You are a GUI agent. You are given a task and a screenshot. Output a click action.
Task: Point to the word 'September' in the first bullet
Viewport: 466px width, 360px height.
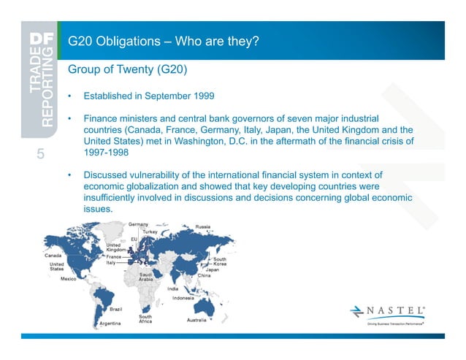[x=167, y=96]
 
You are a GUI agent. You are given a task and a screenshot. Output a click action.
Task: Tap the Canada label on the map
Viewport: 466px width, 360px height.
[x=53, y=256]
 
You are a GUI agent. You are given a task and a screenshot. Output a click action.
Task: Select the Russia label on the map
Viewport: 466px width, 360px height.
[x=204, y=226]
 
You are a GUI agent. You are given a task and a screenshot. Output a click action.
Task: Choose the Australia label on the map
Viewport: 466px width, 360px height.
[x=199, y=319]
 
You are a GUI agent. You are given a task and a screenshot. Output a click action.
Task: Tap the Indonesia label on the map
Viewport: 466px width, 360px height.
[x=183, y=298]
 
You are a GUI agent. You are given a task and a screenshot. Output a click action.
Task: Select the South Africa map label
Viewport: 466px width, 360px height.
[x=146, y=318]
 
